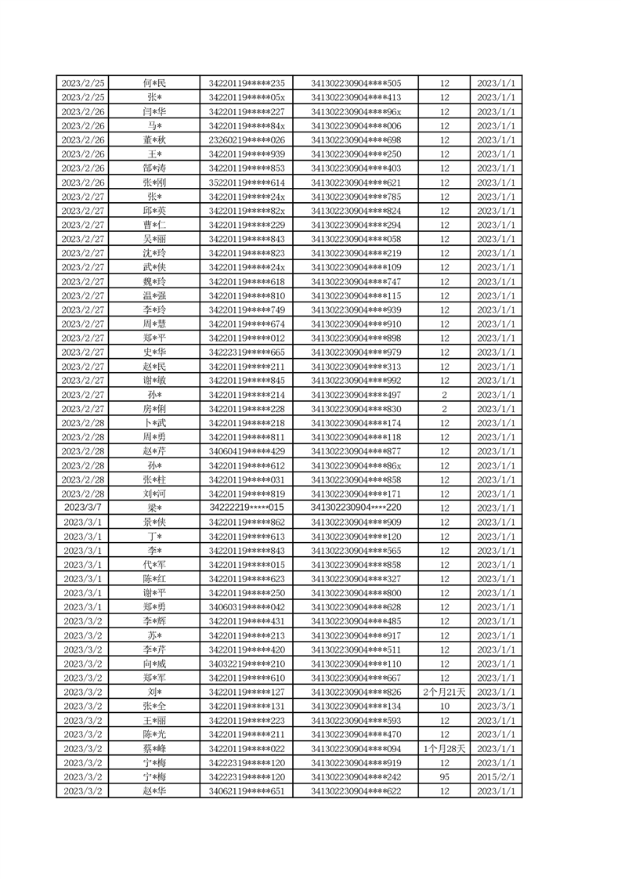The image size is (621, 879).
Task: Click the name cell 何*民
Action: click(154, 83)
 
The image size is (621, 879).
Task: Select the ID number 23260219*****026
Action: click(247, 139)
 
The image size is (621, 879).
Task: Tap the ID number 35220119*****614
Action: click(247, 183)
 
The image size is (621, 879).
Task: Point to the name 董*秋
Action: click(154, 139)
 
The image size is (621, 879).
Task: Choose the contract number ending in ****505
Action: click(356, 83)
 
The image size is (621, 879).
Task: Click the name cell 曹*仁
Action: click(154, 225)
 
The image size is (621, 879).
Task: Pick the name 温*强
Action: click(154, 295)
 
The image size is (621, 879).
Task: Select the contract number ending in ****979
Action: click(356, 352)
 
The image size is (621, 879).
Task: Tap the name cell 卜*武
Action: click(154, 423)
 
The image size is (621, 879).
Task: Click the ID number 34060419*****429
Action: click(247, 451)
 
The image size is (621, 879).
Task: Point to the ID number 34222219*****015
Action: click(247, 508)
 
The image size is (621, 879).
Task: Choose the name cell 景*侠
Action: click(154, 522)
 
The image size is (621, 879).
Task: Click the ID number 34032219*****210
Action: click(247, 664)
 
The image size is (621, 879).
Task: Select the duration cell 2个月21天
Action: click(445, 692)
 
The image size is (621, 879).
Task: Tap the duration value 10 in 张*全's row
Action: click(445, 706)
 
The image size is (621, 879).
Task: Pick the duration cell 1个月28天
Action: click(445, 748)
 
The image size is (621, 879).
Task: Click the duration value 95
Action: click(445, 776)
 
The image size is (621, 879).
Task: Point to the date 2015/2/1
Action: click(496, 776)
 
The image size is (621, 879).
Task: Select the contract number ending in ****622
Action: click(356, 790)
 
